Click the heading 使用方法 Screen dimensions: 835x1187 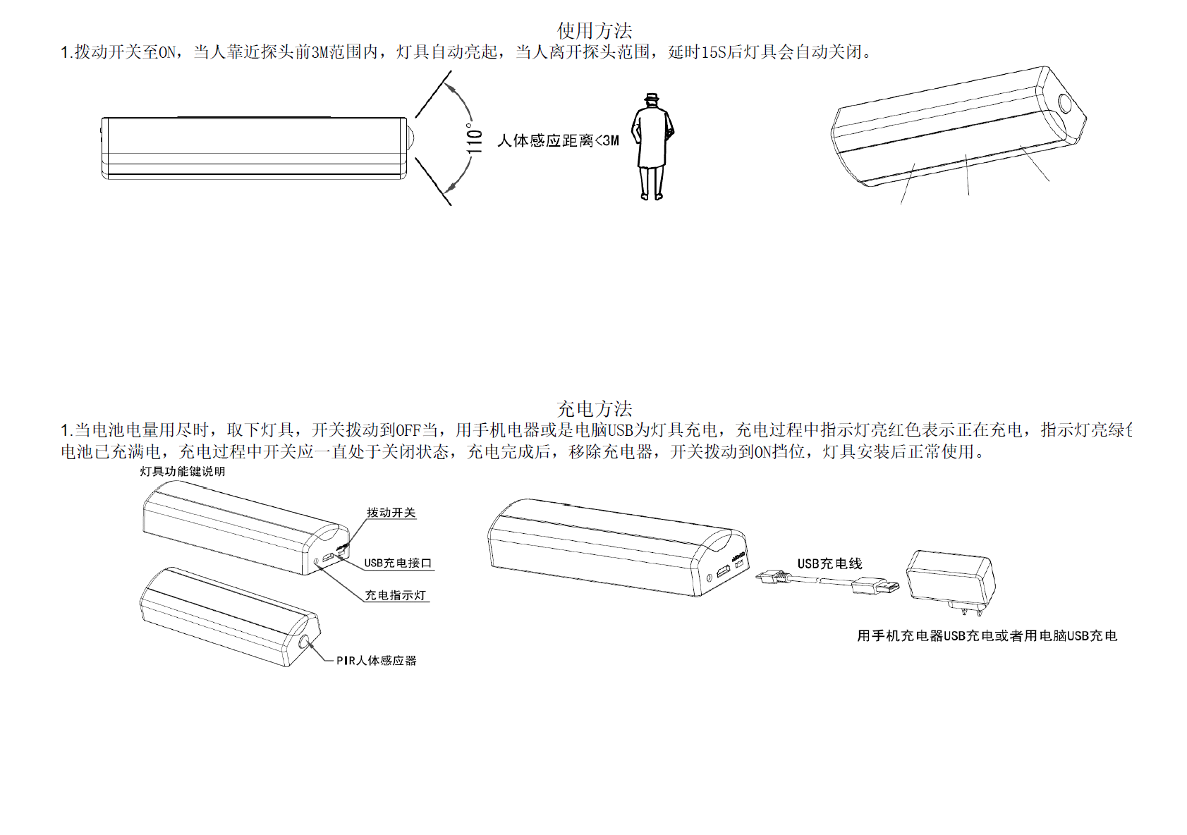(594, 31)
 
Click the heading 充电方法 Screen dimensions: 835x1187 (594, 409)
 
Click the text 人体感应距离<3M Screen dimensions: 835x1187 (558, 141)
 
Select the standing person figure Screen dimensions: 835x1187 (652, 148)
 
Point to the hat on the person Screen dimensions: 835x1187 (652, 97)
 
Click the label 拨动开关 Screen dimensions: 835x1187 (391, 513)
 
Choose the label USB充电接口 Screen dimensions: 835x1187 (397, 563)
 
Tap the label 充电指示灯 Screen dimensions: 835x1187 (395, 596)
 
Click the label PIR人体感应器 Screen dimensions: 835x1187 (376, 661)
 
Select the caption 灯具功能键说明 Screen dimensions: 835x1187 (182, 471)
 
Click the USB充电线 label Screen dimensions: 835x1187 (829, 563)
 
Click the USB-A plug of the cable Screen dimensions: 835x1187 (877, 586)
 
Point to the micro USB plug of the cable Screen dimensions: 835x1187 (771, 576)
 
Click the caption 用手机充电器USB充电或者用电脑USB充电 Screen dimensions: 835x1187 (987, 636)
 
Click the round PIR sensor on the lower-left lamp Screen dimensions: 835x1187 (305, 643)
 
